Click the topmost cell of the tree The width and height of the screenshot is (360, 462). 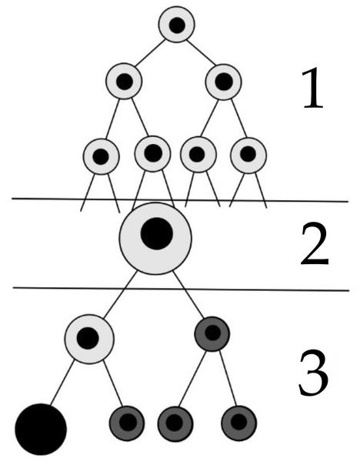pos(177,25)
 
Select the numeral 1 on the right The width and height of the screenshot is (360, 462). pos(313,88)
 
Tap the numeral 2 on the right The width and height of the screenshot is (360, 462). pos(314,244)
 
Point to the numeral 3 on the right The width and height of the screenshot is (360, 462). pos(313,373)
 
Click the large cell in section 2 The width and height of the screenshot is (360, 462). pos(155,239)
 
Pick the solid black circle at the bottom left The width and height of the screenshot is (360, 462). pos(41,430)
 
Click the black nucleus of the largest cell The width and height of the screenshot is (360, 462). pos(157,233)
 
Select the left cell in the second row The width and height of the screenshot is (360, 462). pos(124,82)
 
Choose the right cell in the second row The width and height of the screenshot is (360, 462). pos(223,82)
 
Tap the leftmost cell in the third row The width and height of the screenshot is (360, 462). pos(102,156)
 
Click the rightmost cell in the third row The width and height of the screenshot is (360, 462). pos(248,155)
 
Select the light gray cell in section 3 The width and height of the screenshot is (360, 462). pos(89,339)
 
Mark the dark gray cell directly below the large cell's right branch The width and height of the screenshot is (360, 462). pos(212,334)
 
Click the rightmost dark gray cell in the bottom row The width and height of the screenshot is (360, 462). pos(238,423)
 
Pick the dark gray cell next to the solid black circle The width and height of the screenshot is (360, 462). pos(127,423)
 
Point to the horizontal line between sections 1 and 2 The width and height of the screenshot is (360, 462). pos(180,200)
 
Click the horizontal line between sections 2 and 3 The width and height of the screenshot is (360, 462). pos(181,289)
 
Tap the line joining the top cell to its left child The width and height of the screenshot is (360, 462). pos(150,52)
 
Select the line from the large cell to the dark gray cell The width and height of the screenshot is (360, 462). pos(188,295)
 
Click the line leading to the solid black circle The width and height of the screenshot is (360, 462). pos(62,383)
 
